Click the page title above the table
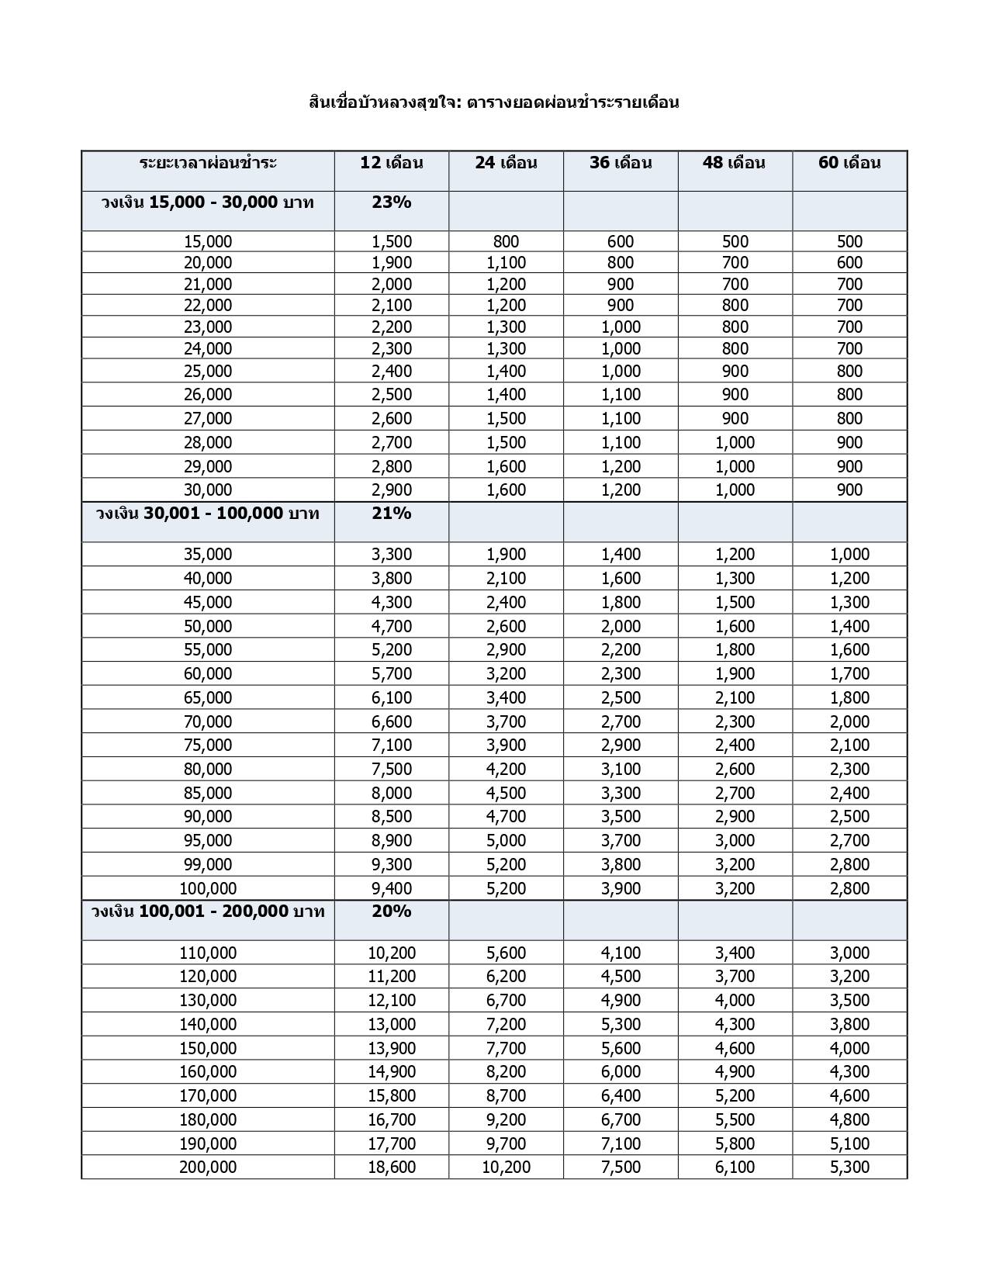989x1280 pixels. coord(493,102)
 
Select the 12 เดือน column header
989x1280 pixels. coord(392,163)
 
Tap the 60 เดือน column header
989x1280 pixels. coord(849,163)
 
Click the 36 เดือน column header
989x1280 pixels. coord(621,163)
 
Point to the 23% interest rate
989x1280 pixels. coord(392,202)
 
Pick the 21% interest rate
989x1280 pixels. coord(392,514)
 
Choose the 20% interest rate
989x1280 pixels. coord(392,912)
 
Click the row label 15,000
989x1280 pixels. coord(208,241)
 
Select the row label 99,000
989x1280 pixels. coord(208,864)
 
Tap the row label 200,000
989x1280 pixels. coord(208,1167)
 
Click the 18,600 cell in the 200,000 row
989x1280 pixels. coord(392,1167)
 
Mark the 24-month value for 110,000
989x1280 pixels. coord(506,953)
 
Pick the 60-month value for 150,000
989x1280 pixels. coord(849,1048)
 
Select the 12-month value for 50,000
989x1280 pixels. coord(392,626)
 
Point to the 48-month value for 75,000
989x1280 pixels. coord(735,745)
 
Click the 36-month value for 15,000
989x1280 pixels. coord(621,241)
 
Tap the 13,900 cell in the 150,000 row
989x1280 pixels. coord(392,1048)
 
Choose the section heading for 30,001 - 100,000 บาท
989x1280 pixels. coord(208,514)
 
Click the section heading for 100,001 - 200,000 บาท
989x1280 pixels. coord(208,912)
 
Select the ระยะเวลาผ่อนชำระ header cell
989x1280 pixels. coord(208,163)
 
